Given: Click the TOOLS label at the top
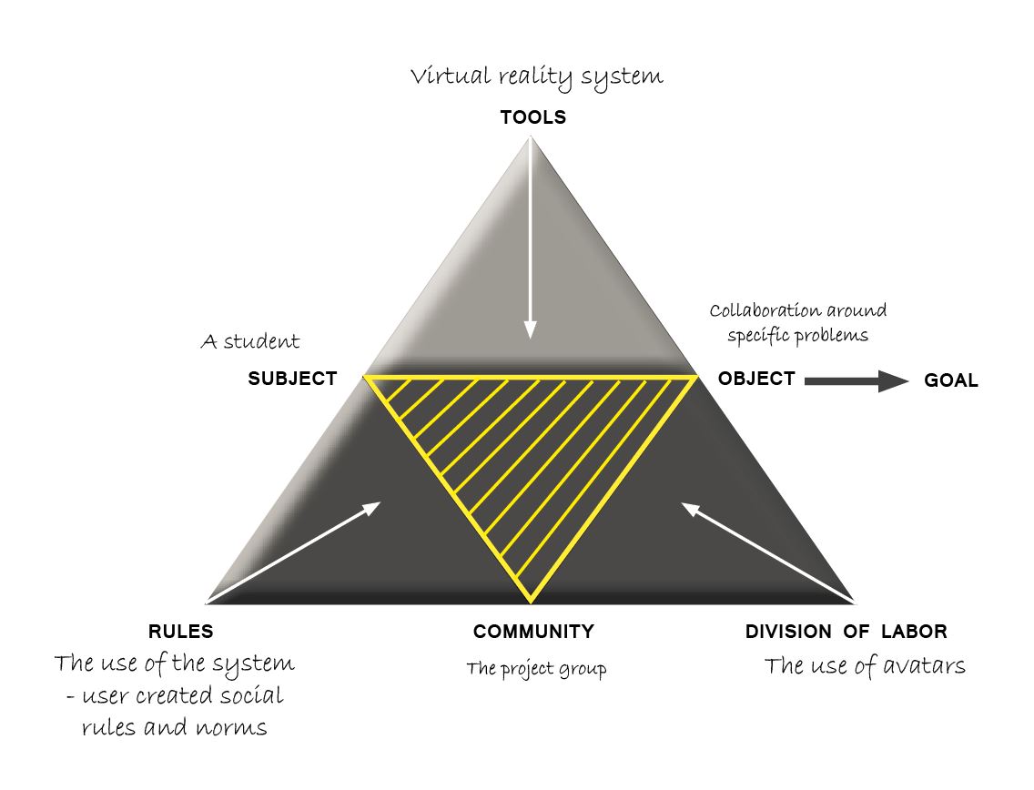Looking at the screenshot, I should click(532, 117).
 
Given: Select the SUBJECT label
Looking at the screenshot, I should click(292, 379).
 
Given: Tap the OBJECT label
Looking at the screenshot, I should click(756, 379).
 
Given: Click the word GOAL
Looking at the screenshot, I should click(951, 381).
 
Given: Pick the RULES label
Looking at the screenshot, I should click(180, 632).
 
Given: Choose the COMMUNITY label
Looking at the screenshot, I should click(533, 632).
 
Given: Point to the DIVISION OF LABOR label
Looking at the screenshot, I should click(846, 632).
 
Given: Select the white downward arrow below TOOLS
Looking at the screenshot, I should click(531, 238).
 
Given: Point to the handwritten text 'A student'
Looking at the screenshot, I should click(249, 343).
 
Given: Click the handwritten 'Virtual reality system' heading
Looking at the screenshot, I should click(536, 77).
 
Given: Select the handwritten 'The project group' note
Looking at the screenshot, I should click(536, 670).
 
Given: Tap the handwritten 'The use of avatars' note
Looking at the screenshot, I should click(864, 667).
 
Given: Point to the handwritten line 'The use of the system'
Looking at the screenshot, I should click(174, 664).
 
